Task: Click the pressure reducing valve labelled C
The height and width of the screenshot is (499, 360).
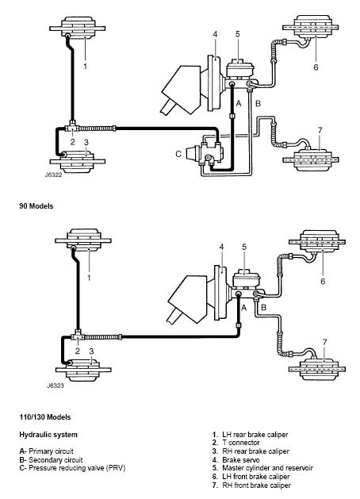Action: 204,154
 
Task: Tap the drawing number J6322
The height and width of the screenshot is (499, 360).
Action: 53,175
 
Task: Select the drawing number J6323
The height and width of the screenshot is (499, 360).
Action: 56,386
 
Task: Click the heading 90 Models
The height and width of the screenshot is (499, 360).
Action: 36,206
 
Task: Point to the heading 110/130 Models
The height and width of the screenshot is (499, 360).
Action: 45,417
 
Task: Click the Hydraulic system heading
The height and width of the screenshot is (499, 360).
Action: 48,435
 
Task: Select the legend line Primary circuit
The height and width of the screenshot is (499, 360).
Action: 47,451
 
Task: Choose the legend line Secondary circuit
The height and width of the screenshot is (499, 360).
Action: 51,460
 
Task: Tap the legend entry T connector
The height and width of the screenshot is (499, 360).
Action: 236,443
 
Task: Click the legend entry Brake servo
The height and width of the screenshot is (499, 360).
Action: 236,460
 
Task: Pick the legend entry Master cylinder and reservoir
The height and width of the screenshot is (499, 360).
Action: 262,468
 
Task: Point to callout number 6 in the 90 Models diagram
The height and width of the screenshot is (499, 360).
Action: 316,67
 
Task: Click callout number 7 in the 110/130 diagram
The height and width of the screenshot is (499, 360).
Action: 324,342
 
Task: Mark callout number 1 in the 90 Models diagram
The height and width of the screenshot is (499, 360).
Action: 85,66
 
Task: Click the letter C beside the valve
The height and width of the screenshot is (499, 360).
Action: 178,154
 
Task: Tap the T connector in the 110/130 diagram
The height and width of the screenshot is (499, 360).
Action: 78,336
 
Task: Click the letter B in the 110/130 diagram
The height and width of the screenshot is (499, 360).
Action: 263,308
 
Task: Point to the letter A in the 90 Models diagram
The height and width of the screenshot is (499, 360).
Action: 239,104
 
